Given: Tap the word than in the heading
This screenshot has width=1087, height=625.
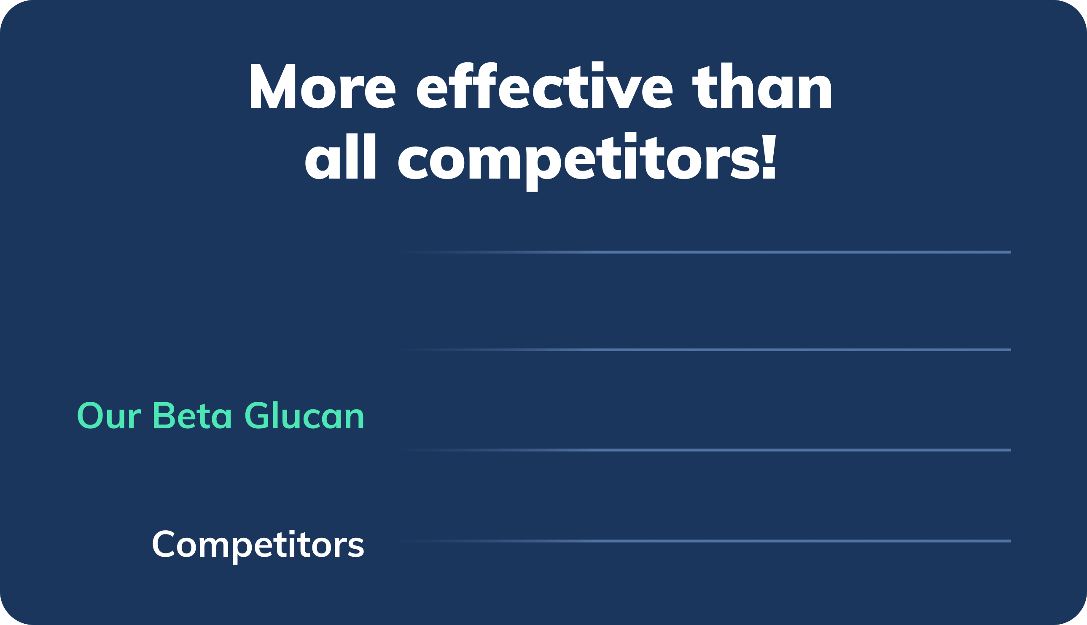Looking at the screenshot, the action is pos(762,85).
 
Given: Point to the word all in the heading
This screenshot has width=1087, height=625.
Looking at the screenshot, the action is pos(340,156).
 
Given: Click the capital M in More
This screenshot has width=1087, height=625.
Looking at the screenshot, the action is pos(273,86).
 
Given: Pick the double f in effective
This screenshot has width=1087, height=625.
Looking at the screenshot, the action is pos(473,85).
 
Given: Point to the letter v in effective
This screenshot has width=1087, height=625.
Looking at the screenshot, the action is pos(624,92).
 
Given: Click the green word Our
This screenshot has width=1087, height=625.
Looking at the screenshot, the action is pos(109,415).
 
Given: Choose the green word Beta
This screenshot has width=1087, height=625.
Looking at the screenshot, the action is pos(192,415).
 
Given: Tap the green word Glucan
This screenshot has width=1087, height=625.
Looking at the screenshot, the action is pos(304,415).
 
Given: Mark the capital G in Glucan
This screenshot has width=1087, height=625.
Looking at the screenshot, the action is pos(256,415).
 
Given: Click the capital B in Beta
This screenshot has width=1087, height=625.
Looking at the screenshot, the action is pos(164,415).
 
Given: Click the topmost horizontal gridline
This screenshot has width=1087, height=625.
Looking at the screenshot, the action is pos(705,252).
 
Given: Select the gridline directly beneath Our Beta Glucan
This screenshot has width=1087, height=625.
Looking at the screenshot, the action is pos(705,450).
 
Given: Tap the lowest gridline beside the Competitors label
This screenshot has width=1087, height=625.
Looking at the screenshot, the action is pos(705,541).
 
